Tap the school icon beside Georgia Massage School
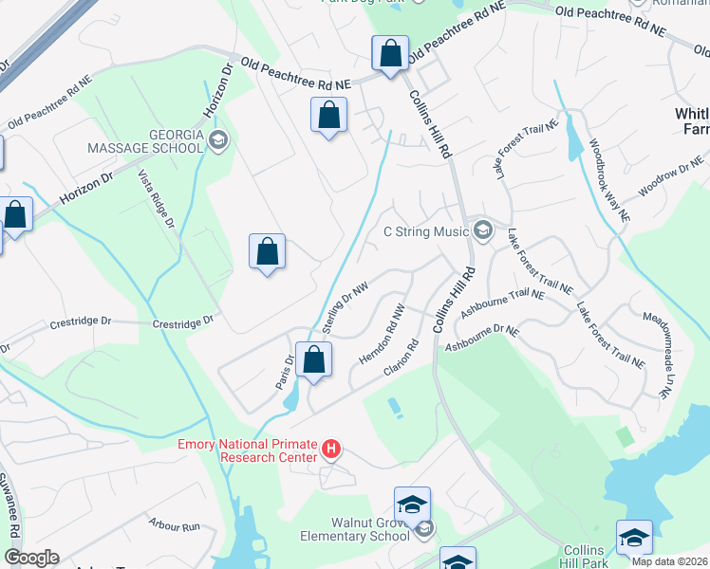tap(218, 142)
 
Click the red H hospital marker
tap(330, 448)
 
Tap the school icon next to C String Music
tap(483, 230)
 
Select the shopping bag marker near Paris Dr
tap(313, 359)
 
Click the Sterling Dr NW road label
tap(345, 306)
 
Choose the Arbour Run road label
tap(175, 524)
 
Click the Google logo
tap(31, 558)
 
